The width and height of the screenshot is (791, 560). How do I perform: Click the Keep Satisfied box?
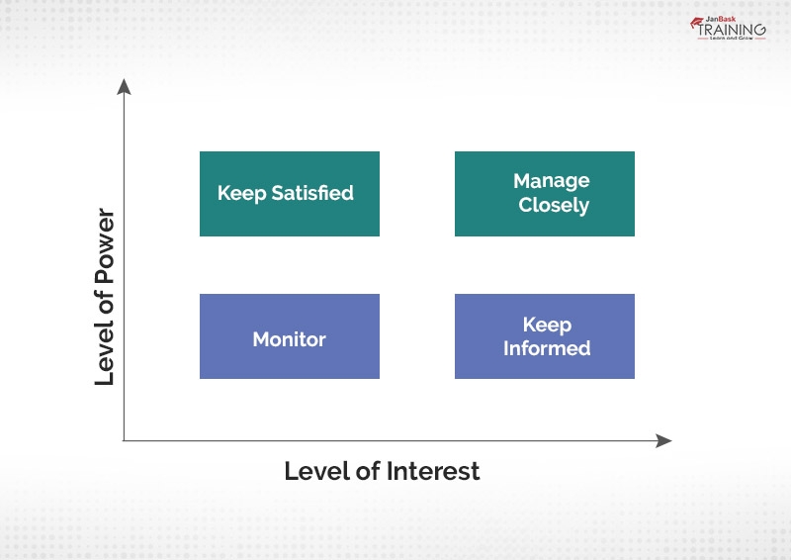[x=289, y=194]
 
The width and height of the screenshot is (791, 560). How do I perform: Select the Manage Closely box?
[x=544, y=194]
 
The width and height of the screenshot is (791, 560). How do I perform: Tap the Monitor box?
[x=289, y=336]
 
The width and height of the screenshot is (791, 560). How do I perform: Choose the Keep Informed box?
[x=544, y=336]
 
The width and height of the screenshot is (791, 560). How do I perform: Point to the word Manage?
[x=552, y=181]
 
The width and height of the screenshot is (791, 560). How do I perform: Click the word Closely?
[x=554, y=206]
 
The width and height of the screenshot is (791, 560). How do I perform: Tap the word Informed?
[x=547, y=348]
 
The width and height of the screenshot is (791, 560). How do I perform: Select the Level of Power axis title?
[x=106, y=297]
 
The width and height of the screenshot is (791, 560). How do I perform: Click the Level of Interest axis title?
[x=382, y=471]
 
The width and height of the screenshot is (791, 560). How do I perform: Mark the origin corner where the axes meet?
[x=124, y=440]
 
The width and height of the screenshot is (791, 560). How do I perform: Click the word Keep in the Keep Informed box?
[x=547, y=325]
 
